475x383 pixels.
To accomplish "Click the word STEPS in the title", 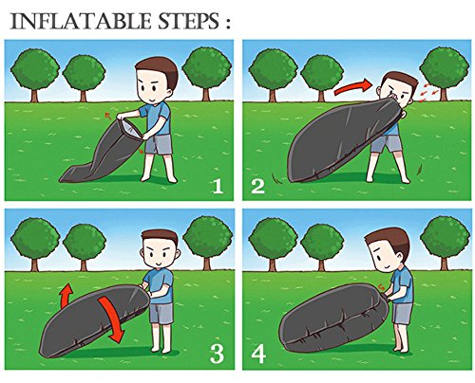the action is point(187,22).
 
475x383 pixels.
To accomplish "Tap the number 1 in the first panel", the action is point(218,186).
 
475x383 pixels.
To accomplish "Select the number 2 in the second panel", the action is point(257,186).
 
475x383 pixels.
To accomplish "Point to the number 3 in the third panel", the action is point(217,354).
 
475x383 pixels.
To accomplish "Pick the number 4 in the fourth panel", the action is point(258,355).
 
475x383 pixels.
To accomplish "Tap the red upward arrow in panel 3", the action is point(66,296).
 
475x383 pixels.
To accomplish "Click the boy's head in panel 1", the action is point(155,80).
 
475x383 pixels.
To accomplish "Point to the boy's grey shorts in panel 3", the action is point(161,313).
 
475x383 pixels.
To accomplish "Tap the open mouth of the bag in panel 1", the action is point(129,129).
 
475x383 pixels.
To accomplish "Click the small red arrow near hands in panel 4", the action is point(382,286).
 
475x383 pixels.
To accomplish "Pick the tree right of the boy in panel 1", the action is point(207,73).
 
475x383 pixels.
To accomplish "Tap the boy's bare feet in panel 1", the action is point(159,178).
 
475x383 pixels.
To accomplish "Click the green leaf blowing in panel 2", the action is point(420,168).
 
